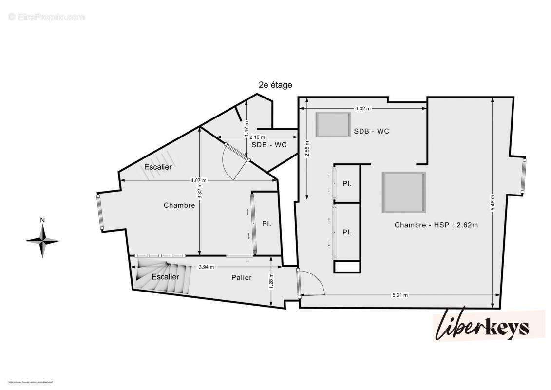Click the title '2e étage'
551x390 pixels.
point(275,85)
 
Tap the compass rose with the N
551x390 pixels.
point(43,240)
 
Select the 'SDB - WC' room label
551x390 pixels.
point(372,131)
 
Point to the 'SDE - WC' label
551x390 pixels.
point(269,145)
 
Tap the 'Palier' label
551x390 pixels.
point(242,277)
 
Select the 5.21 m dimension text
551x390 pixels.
point(399,295)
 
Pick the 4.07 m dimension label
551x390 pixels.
point(198,180)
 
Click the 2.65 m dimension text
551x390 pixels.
point(307,154)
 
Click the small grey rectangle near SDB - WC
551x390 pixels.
point(333,125)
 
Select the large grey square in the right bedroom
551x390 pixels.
point(403,192)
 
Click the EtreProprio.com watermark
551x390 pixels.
point(47,17)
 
